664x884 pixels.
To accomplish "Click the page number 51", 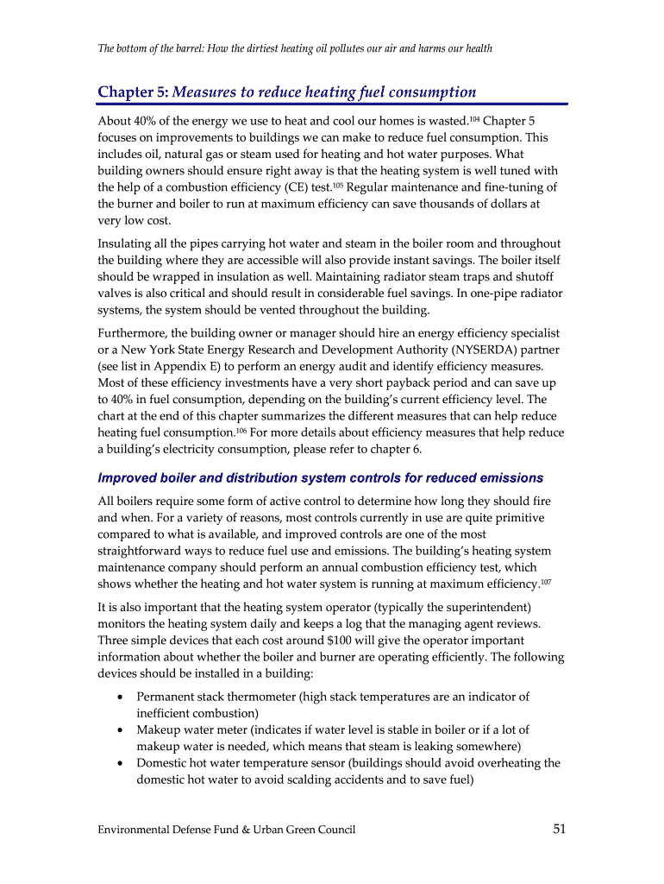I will (x=559, y=830).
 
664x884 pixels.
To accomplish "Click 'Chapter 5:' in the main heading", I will (x=133, y=92).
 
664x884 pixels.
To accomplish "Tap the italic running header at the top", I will (x=295, y=48).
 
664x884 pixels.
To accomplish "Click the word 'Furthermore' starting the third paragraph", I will (x=132, y=333).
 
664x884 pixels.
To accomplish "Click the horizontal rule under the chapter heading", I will (x=332, y=104).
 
